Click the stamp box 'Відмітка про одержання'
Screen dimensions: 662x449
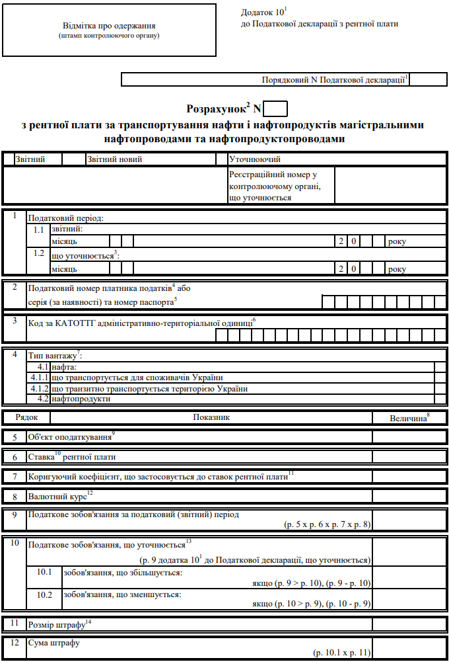point(109,30)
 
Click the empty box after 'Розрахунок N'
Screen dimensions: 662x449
point(275,108)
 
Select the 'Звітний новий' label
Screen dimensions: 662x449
point(114,159)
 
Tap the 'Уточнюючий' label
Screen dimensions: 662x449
point(255,159)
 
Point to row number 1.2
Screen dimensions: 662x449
point(39,254)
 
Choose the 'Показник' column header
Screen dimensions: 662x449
point(211,418)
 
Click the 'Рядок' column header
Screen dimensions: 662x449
point(26,418)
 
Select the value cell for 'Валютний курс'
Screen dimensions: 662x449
point(409,495)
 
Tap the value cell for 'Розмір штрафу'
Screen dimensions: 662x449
point(409,624)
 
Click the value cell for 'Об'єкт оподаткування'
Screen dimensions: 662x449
point(409,437)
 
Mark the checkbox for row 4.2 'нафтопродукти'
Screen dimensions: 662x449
point(440,399)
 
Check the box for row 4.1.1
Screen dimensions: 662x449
point(440,378)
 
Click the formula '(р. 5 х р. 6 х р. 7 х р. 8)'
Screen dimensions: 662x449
point(326,524)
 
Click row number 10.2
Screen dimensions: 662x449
point(44,595)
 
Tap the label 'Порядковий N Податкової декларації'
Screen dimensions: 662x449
point(334,80)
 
